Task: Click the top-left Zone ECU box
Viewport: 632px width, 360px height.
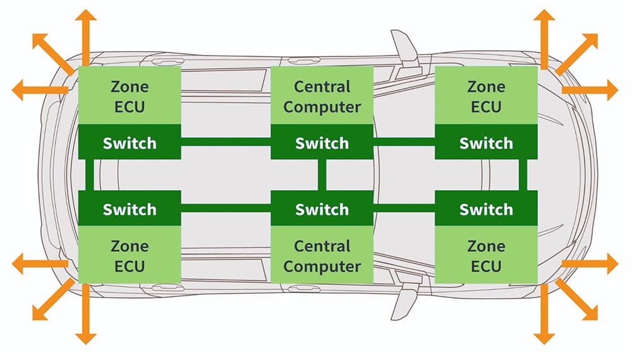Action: [x=129, y=95]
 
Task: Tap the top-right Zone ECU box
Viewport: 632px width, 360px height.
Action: [x=486, y=95]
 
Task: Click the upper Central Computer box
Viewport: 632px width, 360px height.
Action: [x=322, y=95]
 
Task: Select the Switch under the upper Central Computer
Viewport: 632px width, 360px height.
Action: [x=322, y=143]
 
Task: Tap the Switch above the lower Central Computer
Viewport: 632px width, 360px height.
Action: [x=322, y=208]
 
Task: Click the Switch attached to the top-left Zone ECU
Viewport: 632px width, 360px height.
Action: [x=129, y=143]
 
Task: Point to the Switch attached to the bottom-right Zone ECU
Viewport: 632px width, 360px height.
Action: [x=486, y=208]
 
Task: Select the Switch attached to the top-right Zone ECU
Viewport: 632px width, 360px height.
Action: [x=486, y=143]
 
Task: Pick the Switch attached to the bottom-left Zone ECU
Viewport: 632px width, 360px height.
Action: [x=129, y=208]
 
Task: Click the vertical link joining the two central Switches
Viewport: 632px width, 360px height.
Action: [x=322, y=175]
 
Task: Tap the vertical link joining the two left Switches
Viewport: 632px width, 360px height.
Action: [x=89, y=175]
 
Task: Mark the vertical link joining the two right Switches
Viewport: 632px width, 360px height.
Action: [x=523, y=175]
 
